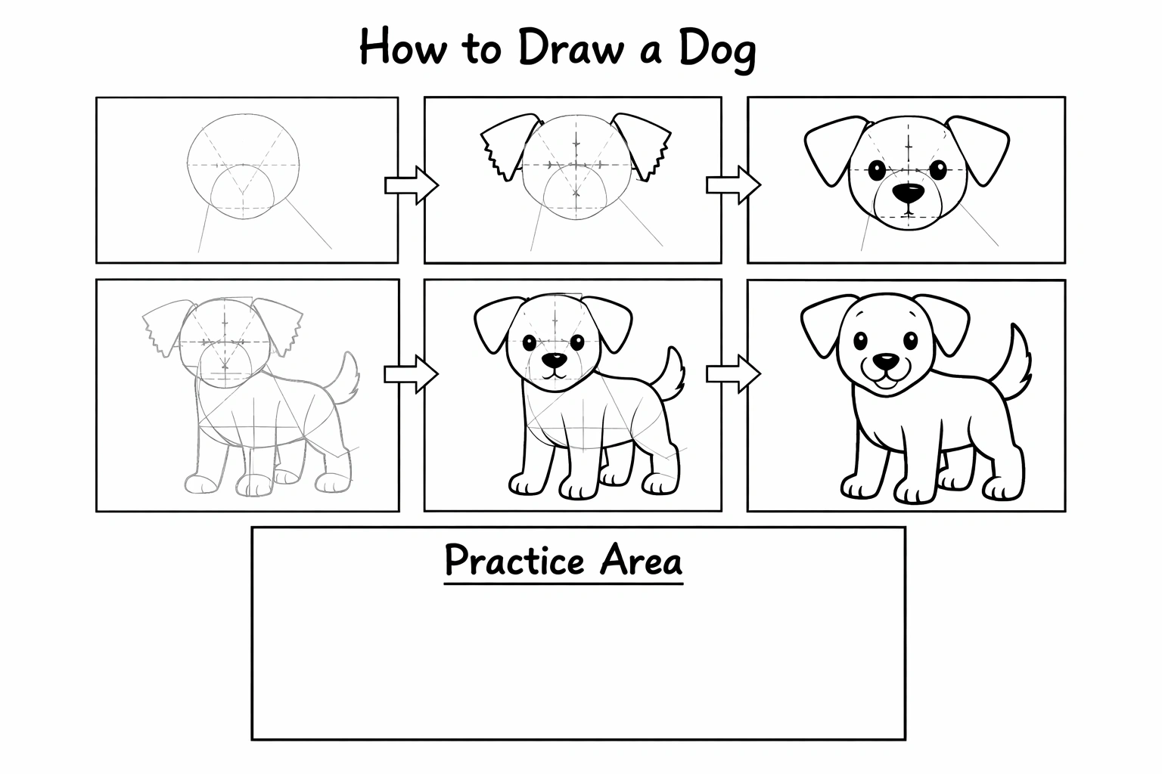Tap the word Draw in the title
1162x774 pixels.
[570, 47]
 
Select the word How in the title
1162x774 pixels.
[402, 47]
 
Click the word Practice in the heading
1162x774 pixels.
[514, 560]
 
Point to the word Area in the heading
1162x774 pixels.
[641, 560]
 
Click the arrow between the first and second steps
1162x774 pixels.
[412, 185]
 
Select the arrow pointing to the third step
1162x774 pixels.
[734, 185]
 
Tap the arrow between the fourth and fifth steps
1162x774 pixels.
[412, 374]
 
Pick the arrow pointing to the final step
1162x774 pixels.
[734, 374]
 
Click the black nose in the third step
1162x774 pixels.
[908, 193]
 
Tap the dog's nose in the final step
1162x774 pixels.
[886, 361]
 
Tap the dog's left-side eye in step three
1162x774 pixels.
[877, 170]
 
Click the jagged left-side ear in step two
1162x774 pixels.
[508, 147]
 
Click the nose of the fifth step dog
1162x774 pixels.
[555, 359]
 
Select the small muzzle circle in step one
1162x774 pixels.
[242, 192]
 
